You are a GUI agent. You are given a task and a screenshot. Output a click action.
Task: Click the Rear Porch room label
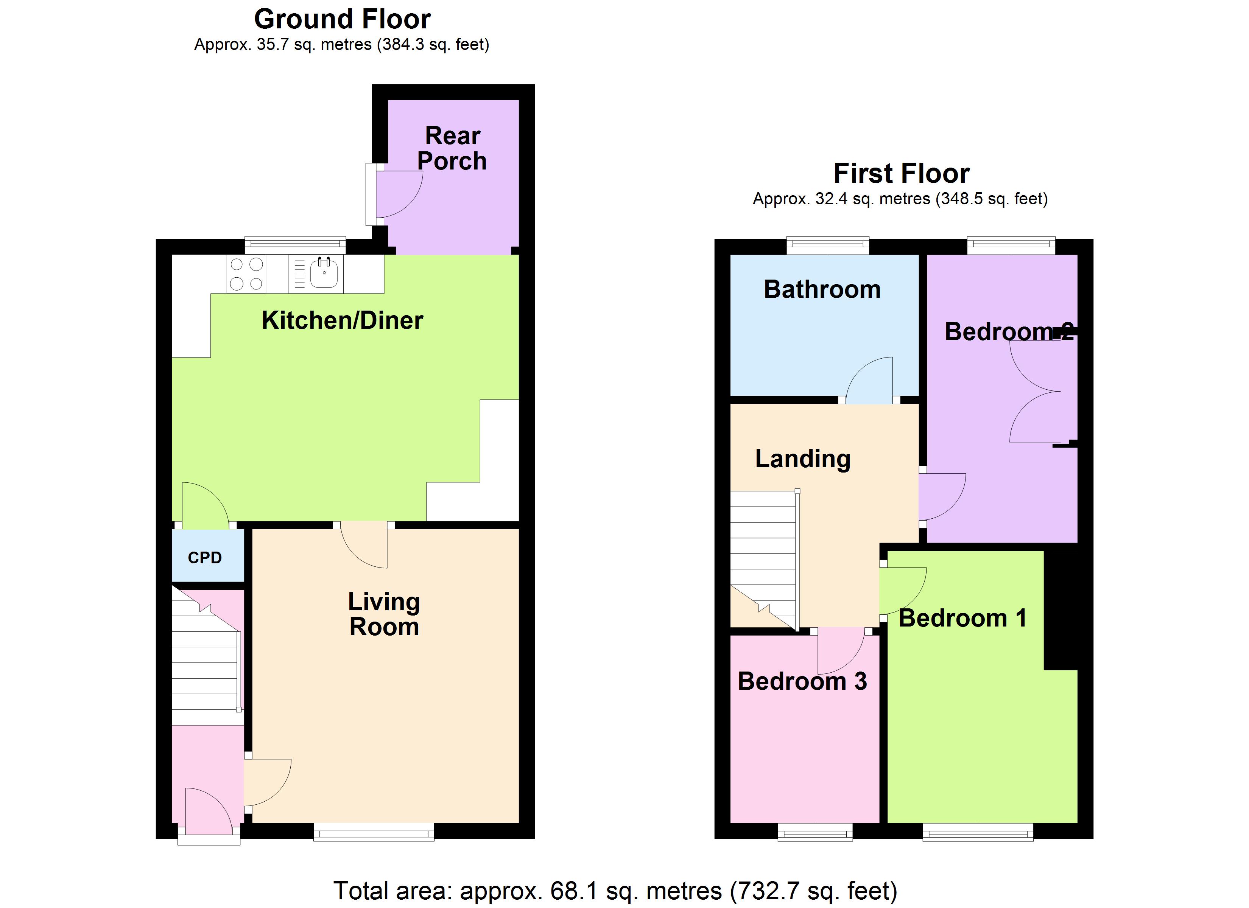pos(452,149)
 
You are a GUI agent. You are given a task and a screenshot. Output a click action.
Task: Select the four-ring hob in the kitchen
pos(246,274)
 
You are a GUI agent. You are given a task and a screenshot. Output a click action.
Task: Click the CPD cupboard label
pos(205,558)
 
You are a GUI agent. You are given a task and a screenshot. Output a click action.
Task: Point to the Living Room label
pos(384,614)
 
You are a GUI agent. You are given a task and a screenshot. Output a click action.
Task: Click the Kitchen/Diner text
pos(342,320)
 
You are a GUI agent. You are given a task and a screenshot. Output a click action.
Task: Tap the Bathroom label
pos(822,290)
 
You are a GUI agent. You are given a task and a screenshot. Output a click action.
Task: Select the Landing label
pos(802,459)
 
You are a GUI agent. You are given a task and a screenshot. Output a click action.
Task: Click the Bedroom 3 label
pos(802,681)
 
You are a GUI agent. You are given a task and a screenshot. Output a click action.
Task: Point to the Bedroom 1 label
pos(962,618)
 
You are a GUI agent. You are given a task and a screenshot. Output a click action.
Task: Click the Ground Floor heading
pos(342,20)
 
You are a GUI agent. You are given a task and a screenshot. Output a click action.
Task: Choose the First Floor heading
pos(901,173)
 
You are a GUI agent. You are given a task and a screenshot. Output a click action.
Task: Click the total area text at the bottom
pos(615,890)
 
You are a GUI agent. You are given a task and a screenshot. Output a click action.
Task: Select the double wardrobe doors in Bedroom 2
pos(1035,392)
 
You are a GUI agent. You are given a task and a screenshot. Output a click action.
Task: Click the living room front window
pos(374,832)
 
